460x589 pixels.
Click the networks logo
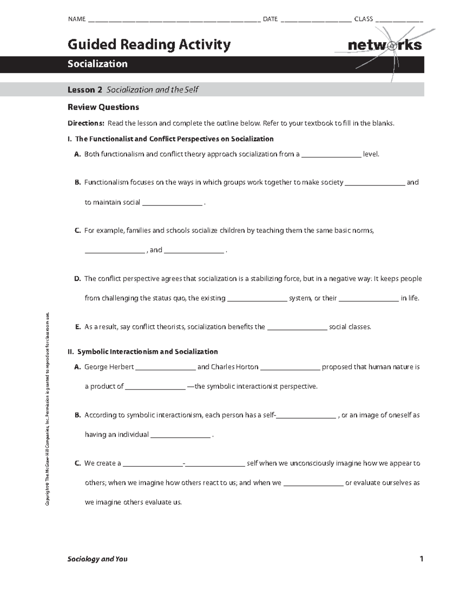[x=384, y=45]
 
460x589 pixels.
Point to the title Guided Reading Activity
[x=149, y=44]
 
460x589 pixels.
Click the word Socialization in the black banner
[x=97, y=64]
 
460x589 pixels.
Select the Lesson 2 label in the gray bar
[x=85, y=90]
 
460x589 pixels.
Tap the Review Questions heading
[x=103, y=107]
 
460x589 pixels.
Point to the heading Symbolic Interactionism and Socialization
[x=147, y=352]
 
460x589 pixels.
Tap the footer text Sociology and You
[x=97, y=559]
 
